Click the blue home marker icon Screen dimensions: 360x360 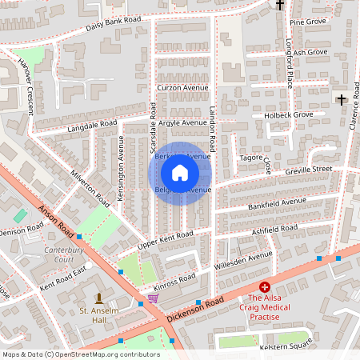tap(180, 172)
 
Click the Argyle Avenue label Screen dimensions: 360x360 tap(182, 122)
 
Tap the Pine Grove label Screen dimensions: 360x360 tap(308, 22)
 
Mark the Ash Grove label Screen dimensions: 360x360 tap(310, 53)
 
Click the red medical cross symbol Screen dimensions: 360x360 tap(265, 286)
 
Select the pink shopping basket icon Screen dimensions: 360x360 tap(152, 298)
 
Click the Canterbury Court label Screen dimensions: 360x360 tap(58, 255)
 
